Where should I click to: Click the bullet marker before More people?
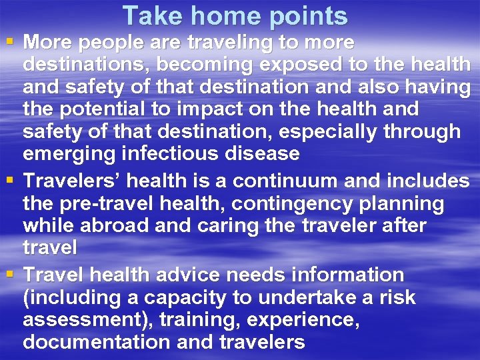pyautogui.click(x=9, y=43)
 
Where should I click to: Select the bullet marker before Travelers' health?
pyautogui.click(x=9, y=180)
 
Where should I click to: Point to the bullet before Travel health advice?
pyautogui.click(x=9, y=274)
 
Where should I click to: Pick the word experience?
pyautogui.click(x=303, y=320)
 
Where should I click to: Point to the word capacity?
pyautogui.click(x=159, y=297)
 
